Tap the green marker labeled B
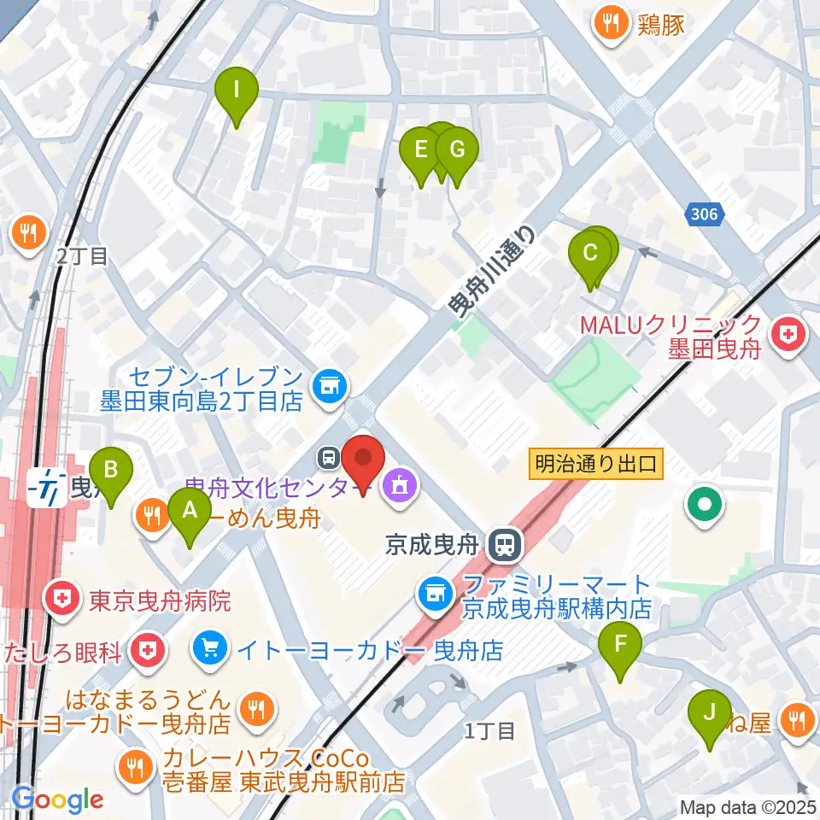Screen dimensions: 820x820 coord(111,469)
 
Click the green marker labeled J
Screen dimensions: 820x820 coord(709,711)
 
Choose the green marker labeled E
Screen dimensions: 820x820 coord(420,150)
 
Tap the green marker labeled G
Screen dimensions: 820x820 coord(457,150)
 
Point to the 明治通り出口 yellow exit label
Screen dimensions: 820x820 coord(596,465)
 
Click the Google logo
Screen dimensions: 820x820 coord(58,799)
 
